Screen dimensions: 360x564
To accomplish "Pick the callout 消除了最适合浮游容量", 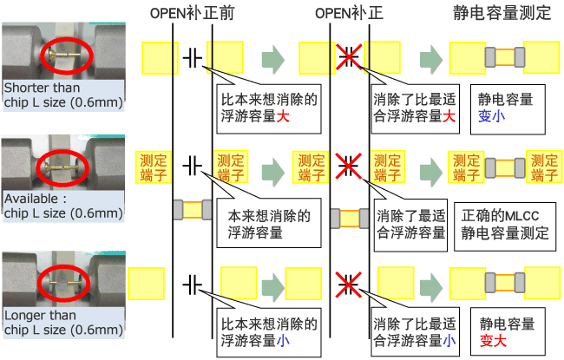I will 410,223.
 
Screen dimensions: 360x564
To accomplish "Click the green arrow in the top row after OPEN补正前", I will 273,59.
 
